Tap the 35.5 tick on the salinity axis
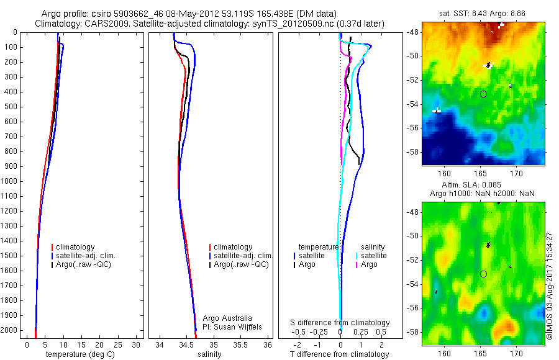point(240,344)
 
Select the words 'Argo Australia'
point(227,318)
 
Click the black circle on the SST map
point(483,94)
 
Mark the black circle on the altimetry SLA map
point(483,274)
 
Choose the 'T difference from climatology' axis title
point(339,354)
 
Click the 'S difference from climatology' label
point(340,323)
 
